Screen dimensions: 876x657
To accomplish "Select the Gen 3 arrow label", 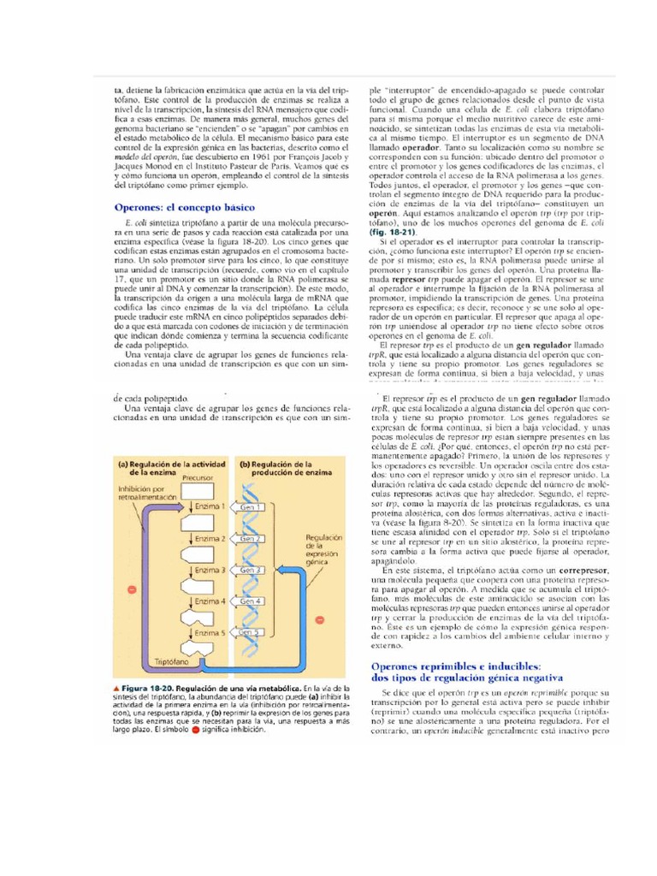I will (x=252, y=570).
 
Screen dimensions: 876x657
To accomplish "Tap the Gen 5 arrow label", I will (x=252, y=632).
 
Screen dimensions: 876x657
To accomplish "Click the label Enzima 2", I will (x=210, y=539).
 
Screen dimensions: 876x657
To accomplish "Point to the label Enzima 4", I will (x=210, y=601).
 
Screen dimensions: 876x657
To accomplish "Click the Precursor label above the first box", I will (x=198, y=480).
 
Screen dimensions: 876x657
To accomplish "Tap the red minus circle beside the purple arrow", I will (x=131, y=590).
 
